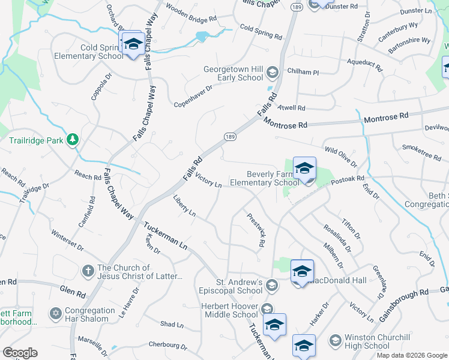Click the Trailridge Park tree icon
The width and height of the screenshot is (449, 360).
73,140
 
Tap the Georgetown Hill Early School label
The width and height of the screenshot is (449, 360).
233,73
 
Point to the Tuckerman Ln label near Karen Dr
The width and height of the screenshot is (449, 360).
165,235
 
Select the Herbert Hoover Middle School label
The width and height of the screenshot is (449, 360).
229,310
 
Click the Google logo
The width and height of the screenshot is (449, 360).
20,353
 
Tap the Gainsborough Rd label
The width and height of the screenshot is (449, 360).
403,298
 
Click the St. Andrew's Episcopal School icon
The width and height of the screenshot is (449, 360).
272,286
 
